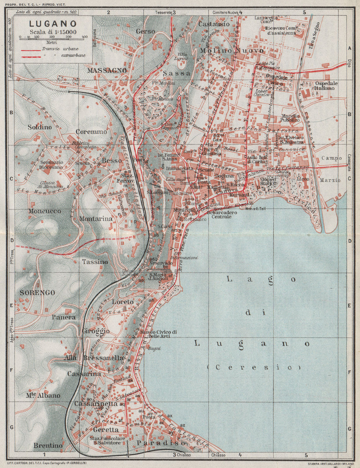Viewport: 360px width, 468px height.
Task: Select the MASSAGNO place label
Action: pyautogui.click(x=107, y=70)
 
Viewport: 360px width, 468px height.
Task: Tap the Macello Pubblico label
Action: pyautogui.click(x=290, y=118)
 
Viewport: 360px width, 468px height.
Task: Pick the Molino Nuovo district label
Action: pyautogui.click(x=232, y=51)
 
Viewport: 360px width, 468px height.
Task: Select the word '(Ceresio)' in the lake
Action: pyautogui.click(x=254, y=367)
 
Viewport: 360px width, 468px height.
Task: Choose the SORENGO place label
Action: pyautogui.click(x=37, y=292)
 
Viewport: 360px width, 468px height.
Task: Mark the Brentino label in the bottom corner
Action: pyautogui.click(x=48, y=445)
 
